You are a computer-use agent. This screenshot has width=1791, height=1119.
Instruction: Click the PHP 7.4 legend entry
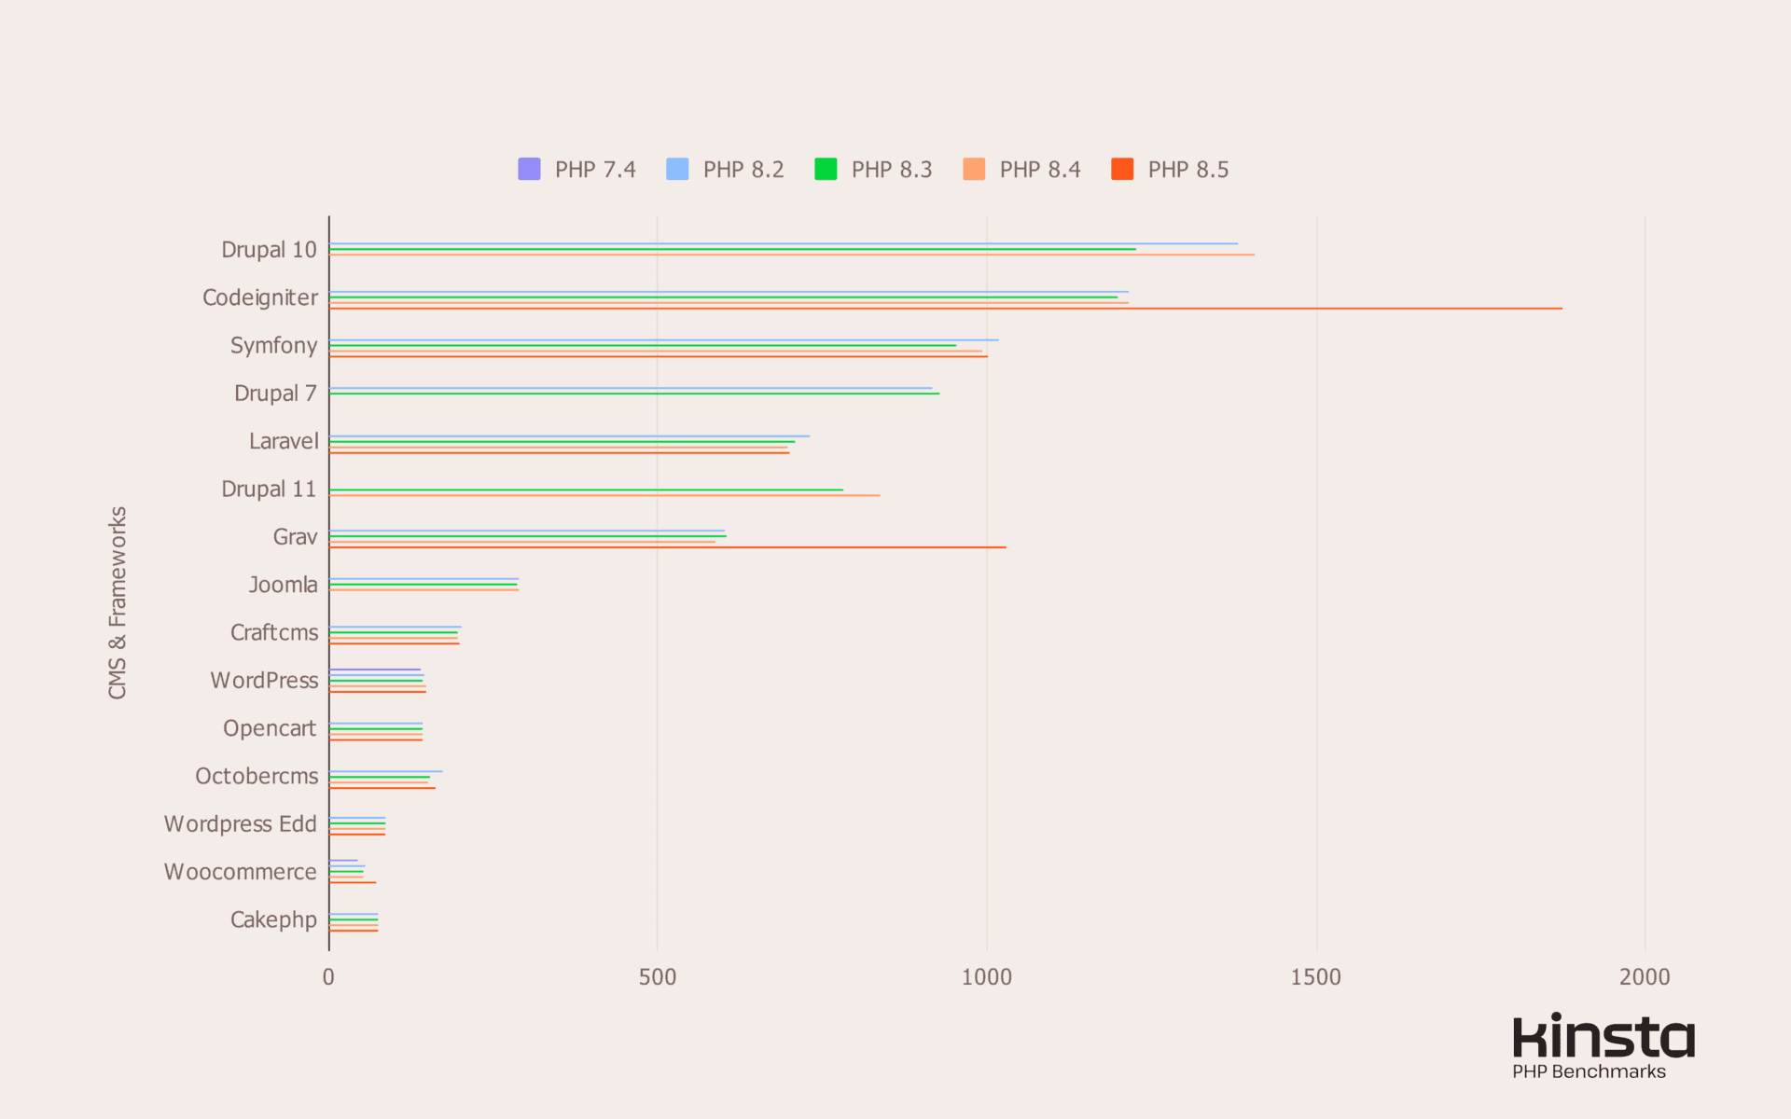577,170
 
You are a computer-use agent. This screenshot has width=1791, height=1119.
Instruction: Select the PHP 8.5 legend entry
1171,170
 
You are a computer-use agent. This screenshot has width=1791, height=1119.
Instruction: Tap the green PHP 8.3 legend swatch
826,169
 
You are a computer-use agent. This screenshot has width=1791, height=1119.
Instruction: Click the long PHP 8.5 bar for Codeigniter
945,309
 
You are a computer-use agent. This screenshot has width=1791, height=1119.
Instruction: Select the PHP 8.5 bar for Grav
667,547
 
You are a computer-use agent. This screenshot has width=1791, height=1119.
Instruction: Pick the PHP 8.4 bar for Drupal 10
791,255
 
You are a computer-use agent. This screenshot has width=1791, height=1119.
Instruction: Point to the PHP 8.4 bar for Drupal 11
604,495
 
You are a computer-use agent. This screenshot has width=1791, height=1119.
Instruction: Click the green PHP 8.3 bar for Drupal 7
634,394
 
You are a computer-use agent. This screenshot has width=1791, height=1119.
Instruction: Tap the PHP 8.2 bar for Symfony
663,340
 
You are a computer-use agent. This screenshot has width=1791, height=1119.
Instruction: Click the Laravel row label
283,441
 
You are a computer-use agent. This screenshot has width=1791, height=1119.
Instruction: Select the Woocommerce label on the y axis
240,872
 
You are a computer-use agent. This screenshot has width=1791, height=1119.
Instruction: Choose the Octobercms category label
257,776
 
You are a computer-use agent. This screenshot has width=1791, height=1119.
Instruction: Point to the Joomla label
283,585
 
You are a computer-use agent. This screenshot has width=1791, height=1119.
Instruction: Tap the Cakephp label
273,919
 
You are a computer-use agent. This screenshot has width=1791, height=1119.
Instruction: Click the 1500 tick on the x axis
1315,977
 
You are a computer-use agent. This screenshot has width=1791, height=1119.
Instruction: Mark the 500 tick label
657,977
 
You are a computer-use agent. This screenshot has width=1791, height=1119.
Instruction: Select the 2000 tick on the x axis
1645,977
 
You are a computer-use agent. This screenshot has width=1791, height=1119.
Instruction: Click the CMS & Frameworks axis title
118,602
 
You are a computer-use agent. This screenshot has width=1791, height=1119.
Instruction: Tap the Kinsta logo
1603,1036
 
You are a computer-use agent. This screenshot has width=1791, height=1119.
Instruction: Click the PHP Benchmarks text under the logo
1589,1071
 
